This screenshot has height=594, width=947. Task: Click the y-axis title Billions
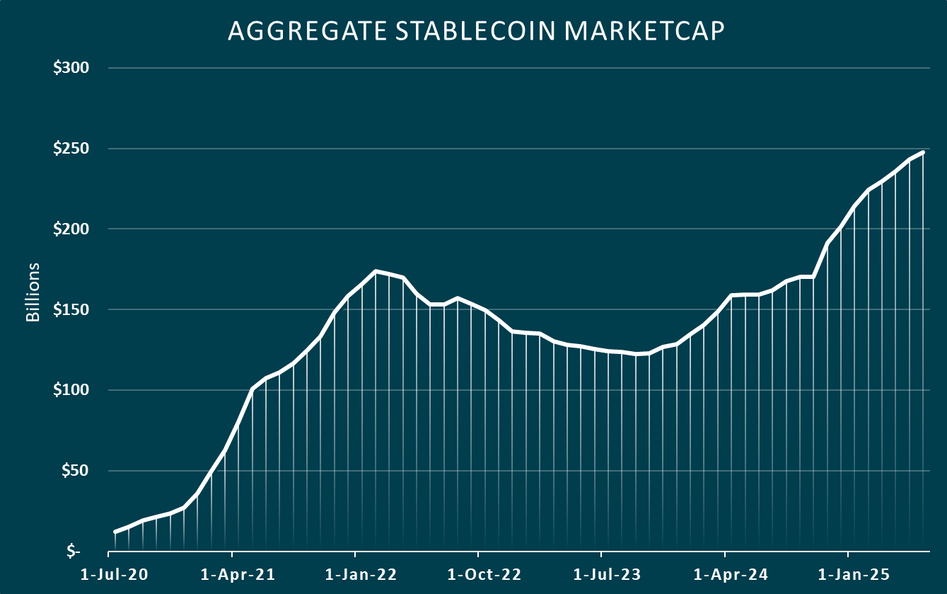(x=33, y=292)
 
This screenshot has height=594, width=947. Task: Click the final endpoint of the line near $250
(x=923, y=152)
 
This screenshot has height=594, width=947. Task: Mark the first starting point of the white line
(x=115, y=532)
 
